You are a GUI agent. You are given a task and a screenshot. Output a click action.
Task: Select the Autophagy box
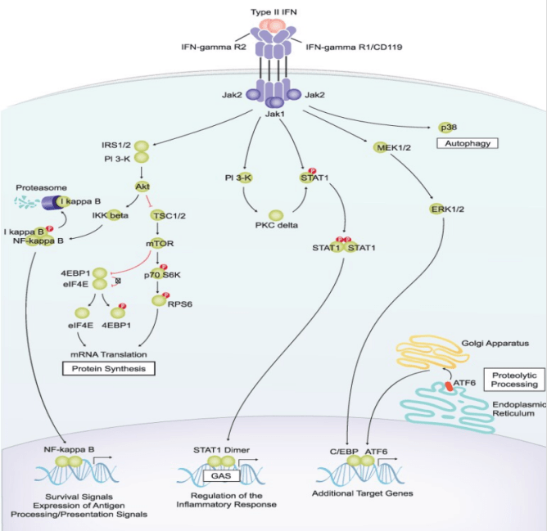coord(467,143)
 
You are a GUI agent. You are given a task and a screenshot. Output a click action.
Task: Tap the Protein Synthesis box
coord(111,368)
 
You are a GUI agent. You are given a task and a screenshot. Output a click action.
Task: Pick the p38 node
coord(447,127)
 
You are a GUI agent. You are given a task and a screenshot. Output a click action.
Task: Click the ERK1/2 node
coord(442,210)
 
